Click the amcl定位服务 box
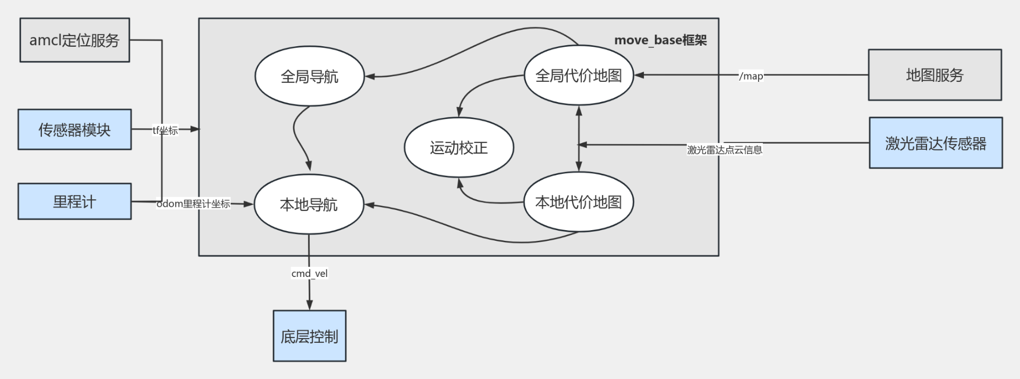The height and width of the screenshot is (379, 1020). pos(74,40)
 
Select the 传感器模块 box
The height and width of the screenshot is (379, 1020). pos(74,130)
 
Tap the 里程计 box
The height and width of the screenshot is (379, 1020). pos(74,201)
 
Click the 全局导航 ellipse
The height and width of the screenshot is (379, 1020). pos(309,77)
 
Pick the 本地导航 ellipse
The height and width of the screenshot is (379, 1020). pos(309,204)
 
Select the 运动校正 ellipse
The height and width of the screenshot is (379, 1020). pos(458,147)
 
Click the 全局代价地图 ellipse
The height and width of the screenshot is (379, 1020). pos(579,75)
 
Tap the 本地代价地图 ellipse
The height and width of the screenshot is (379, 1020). pos(579,202)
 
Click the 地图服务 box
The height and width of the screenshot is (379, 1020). pos(934,75)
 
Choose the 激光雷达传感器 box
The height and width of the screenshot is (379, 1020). pos(936,143)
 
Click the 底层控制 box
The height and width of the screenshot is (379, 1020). pos(309,336)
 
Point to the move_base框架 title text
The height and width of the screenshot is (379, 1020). pos(660,40)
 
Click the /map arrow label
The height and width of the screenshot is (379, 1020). pos(751,76)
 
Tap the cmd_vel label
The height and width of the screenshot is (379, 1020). pos(309,273)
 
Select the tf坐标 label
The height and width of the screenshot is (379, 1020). pos(165,130)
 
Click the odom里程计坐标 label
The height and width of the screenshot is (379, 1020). pos(193,204)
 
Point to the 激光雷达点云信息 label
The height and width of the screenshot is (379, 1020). pos(724,150)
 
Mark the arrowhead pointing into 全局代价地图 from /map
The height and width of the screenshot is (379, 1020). pos(639,75)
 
